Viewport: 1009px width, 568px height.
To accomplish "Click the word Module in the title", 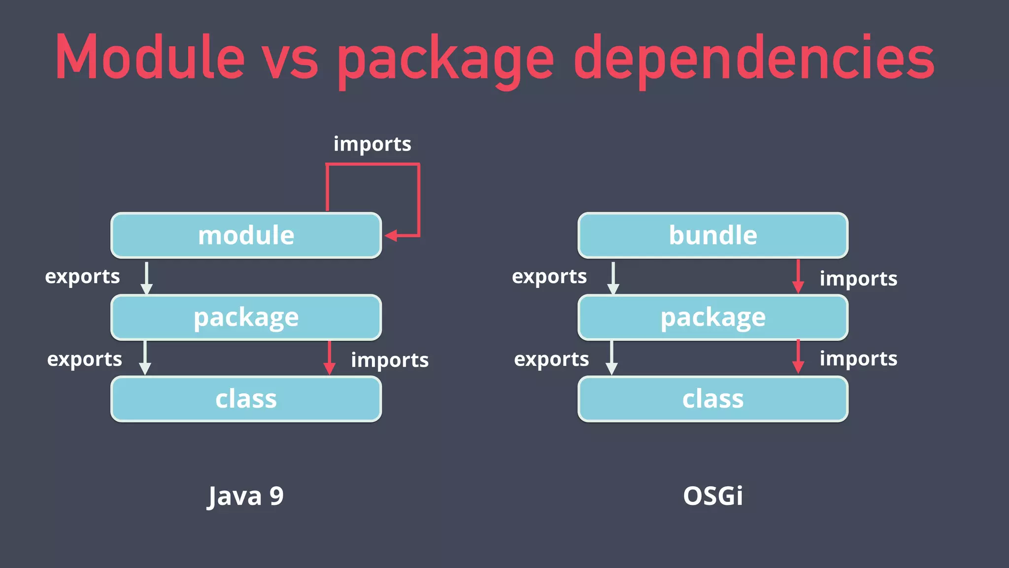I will [x=150, y=57].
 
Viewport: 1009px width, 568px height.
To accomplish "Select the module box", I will [x=246, y=235].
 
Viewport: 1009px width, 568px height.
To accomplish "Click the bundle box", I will [x=712, y=235].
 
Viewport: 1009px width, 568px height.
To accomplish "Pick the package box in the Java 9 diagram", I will [x=246, y=317].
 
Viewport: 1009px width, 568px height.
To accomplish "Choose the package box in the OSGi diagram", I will [x=712, y=317].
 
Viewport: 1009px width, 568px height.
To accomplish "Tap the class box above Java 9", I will [x=246, y=399].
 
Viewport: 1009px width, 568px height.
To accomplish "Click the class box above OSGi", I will [x=712, y=399].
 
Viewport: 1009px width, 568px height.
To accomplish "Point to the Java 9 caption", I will [x=245, y=496].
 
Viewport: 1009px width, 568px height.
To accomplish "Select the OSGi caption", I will [x=712, y=496].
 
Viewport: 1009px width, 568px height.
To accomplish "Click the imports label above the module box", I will [x=372, y=144].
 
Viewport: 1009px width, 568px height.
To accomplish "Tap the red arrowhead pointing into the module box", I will [x=391, y=236].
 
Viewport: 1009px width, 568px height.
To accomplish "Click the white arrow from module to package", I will [x=146, y=278].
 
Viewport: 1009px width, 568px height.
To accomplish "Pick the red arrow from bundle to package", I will [x=798, y=277].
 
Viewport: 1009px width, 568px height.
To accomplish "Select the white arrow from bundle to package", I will [x=613, y=278].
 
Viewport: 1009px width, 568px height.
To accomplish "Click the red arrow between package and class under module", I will [x=329, y=358].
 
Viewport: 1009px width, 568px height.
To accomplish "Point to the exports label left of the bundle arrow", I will [x=549, y=277].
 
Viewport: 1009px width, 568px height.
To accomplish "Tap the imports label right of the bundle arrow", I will [x=858, y=279].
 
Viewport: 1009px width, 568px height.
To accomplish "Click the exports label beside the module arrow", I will [x=82, y=277].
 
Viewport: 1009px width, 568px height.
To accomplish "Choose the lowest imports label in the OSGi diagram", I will [x=858, y=358].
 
